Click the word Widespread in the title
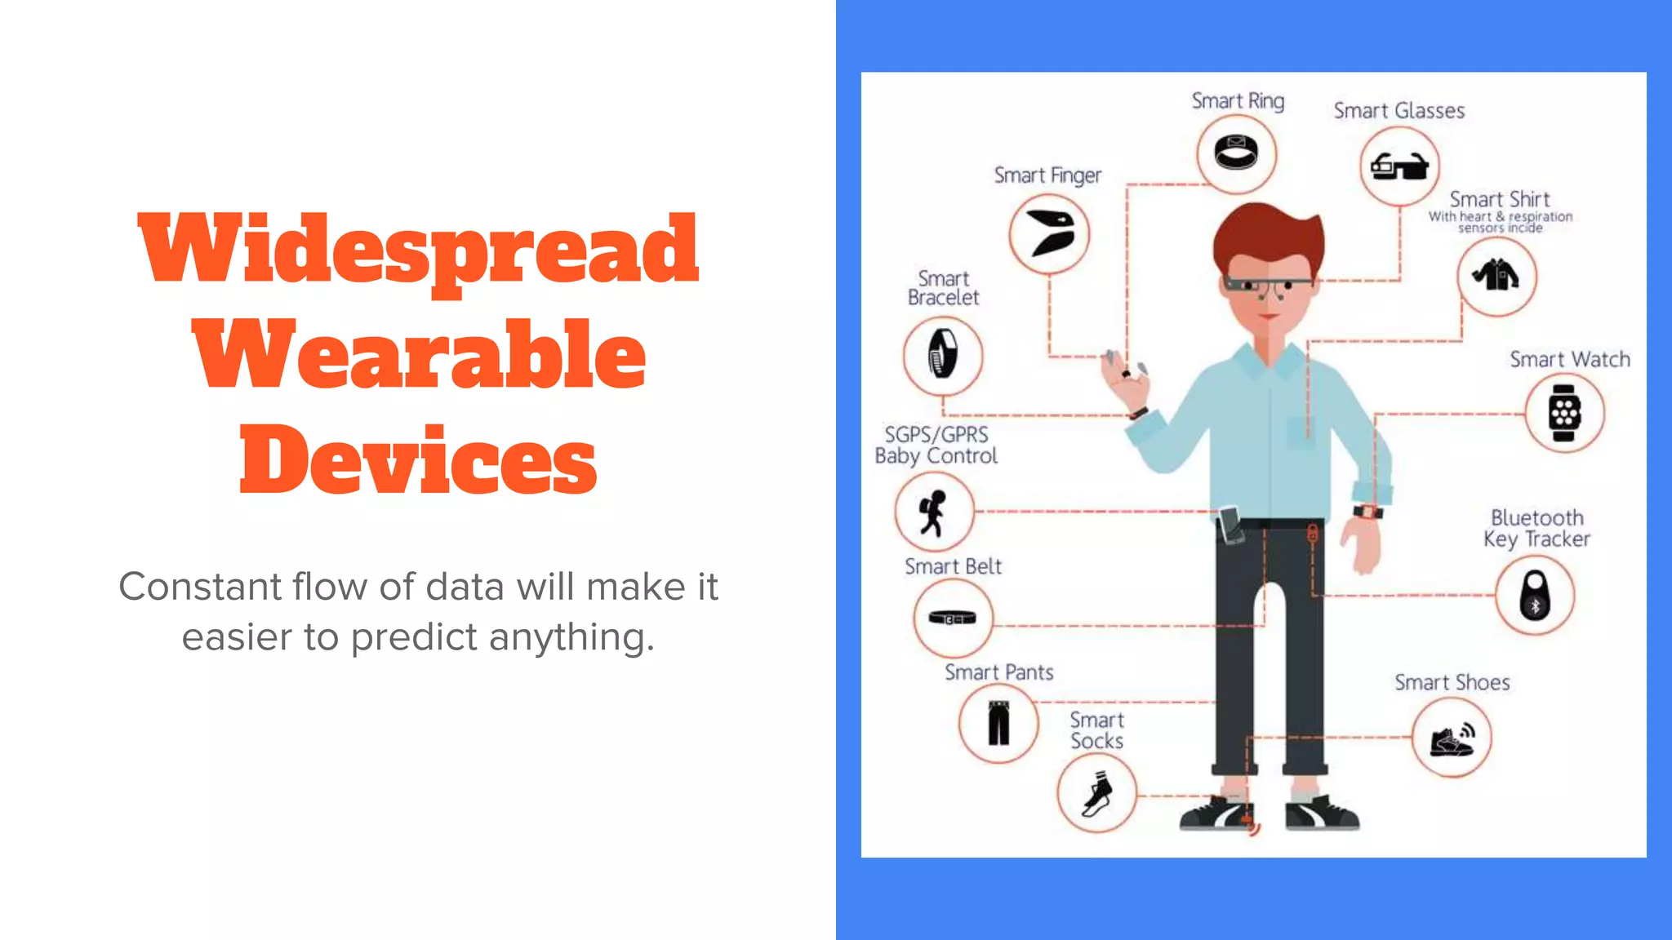[x=418, y=249]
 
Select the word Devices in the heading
[x=418, y=460]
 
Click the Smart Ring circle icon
[x=1236, y=153]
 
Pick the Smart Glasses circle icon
[x=1399, y=166]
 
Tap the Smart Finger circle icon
[x=1049, y=234]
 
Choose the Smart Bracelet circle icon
[x=943, y=357]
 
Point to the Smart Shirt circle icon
[x=1496, y=276]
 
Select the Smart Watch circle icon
[x=1564, y=413]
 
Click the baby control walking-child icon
[x=934, y=512]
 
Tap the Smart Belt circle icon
[x=953, y=618]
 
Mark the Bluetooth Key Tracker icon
[x=1535, y=596]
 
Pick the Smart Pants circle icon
[x=998, y=723]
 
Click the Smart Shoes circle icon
[x=1452, y=738]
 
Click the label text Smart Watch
[x=1569, y=360]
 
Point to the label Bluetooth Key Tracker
[x=1536, y=529]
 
